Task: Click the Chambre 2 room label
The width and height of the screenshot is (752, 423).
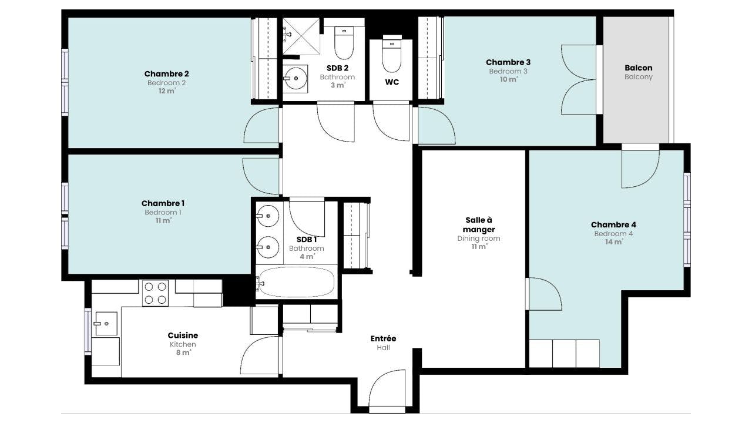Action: tap(166, 74)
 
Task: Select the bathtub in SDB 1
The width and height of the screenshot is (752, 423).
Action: tap(297, 283)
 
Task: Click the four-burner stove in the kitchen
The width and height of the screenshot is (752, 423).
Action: tap(155, 293)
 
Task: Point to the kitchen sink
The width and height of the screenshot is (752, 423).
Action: tap(106, 324)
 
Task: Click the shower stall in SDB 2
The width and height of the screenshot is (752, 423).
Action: tap(301, 36)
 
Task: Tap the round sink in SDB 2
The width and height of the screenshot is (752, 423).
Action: tap(295, 79)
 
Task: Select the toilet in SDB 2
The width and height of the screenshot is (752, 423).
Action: tap(344, 43)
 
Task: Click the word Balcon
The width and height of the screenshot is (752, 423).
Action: tap(639, 68)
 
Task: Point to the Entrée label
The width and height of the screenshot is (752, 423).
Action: tap(383, 339)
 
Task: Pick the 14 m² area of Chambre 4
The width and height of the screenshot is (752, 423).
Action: tap(614, 241)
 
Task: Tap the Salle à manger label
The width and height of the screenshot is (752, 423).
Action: tap(479, 225)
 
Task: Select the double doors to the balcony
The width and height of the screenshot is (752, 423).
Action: tap(579, 79)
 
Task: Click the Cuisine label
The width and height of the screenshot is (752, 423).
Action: tap(183, 335)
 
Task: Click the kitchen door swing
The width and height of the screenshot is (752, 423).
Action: tap(260, 355)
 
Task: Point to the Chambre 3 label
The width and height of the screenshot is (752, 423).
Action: tap(508, 62)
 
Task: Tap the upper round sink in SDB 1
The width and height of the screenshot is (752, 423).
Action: tap(267, 216)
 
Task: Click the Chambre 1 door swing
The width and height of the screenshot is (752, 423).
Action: tap(261, 176)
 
